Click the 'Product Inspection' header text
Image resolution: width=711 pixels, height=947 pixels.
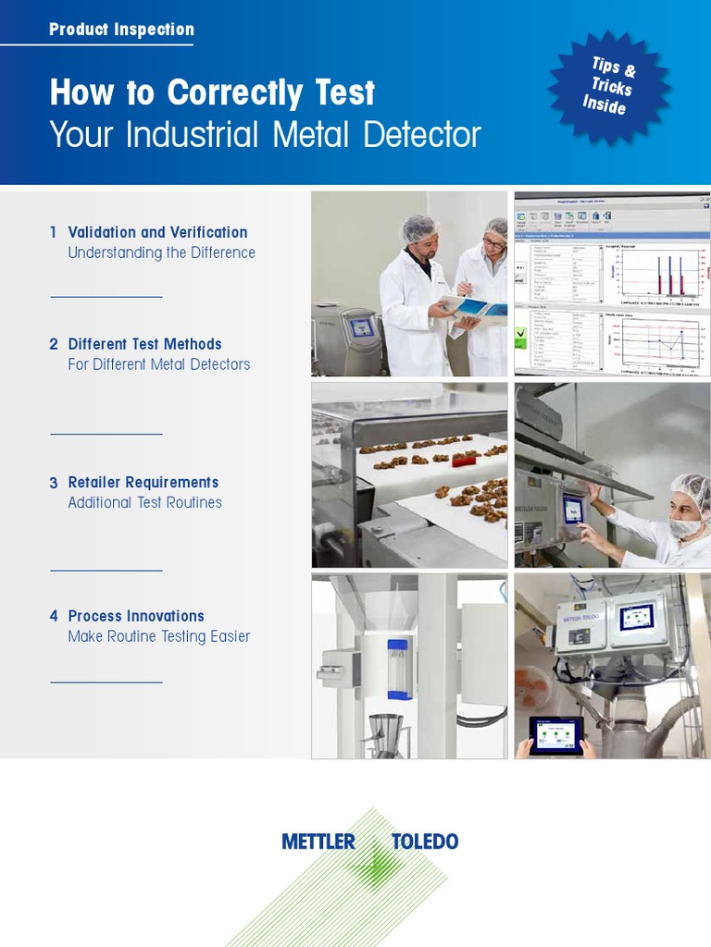point(121,30)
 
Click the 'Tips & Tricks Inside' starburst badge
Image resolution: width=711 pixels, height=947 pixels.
point(608,85)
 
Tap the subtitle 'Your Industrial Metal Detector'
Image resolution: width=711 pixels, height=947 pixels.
point(265,135)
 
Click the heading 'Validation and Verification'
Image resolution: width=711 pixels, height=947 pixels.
point(157,232)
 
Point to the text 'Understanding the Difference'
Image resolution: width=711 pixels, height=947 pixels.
point(161,252)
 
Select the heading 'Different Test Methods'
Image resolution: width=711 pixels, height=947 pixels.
point(144,344)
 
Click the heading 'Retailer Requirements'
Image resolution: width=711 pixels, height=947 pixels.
point(143,482)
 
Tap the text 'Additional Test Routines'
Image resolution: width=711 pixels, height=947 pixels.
point(144,502)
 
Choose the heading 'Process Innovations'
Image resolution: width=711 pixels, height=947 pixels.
point(136,616)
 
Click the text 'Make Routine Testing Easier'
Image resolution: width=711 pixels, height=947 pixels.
point(158,636)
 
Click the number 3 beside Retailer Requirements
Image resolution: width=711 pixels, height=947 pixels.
point(54,483)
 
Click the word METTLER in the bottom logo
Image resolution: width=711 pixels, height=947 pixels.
point(318,842)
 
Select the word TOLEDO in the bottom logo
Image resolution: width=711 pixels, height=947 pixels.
point(425,842)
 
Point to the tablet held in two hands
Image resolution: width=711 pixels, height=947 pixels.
point(555,736)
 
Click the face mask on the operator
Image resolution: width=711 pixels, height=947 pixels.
point(686,527)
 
